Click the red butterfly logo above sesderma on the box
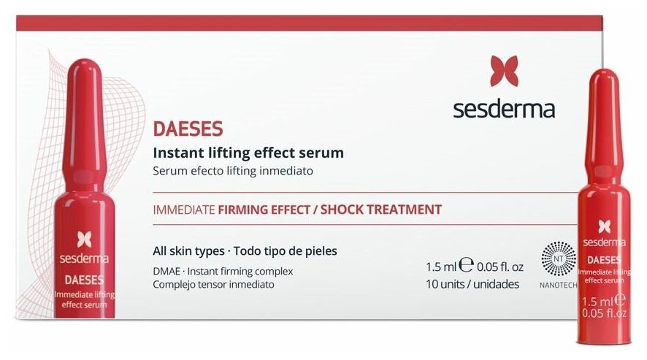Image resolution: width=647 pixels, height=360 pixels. point(504,71)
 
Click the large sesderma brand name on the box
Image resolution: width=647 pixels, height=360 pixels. point(504,110)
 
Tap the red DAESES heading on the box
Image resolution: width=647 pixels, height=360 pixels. point(188,129)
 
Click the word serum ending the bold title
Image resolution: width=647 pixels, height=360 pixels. point(324,153)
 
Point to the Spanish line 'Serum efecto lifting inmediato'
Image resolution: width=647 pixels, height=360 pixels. point(233,172)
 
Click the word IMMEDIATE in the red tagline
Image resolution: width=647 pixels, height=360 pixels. point(183,210)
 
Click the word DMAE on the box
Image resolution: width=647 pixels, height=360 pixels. point(167,271)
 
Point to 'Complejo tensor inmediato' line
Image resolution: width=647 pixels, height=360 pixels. point(214,284)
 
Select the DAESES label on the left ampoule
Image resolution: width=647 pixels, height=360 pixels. point(84,279)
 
